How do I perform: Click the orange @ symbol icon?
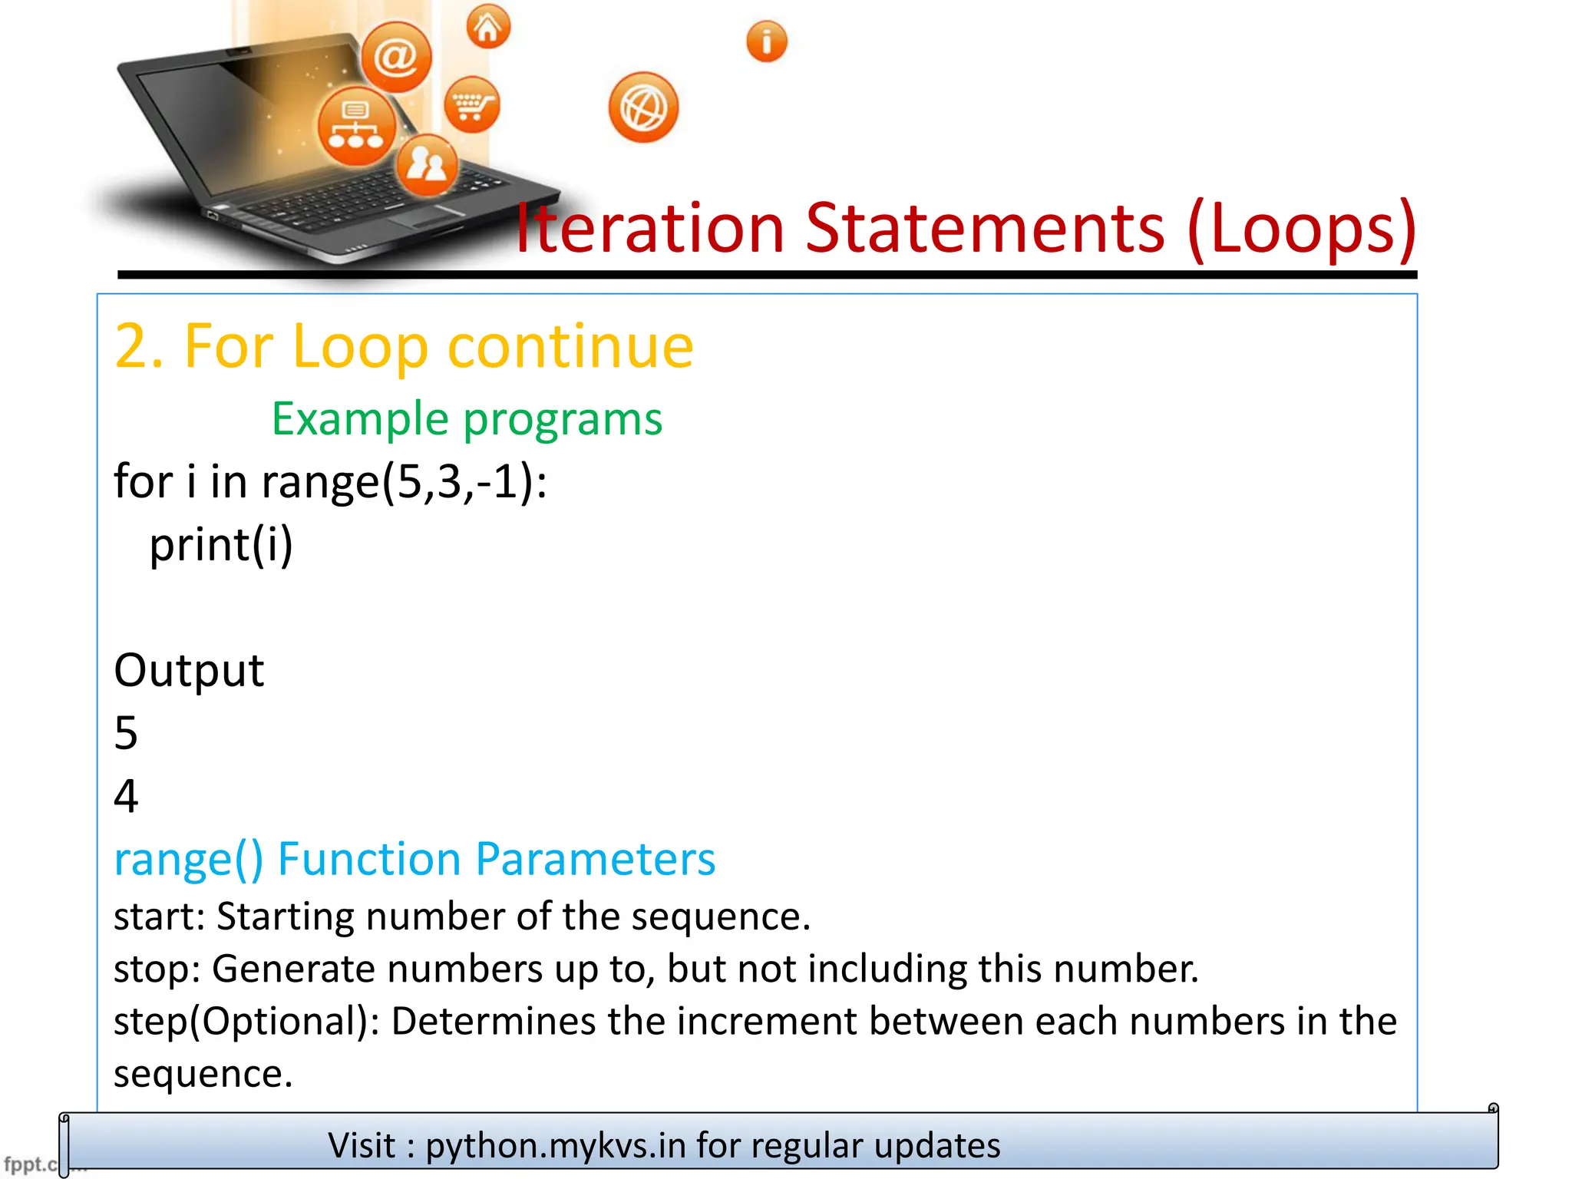[x=396, y=57]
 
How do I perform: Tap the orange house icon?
[x=488, y=27]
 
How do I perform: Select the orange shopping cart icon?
[x=471, y=104]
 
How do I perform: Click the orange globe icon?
[x=643, y=107]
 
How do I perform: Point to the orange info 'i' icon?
[x=767, y=41]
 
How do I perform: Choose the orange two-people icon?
[x=427, y=163]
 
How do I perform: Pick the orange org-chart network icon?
[x=356, y=126]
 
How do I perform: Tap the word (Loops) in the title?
[x=1302, y=228]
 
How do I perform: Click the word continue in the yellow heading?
[x=570, y=346]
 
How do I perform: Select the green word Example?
[x=360, y=419]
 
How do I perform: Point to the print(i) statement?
[x=221, y=545]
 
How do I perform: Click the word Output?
[x=189, y=670]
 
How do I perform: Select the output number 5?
[x=126, y=733]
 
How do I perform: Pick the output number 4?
[x=126, y=796]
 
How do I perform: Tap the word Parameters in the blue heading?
[x=596, y=858]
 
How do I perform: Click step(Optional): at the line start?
[x=246, y=1022]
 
